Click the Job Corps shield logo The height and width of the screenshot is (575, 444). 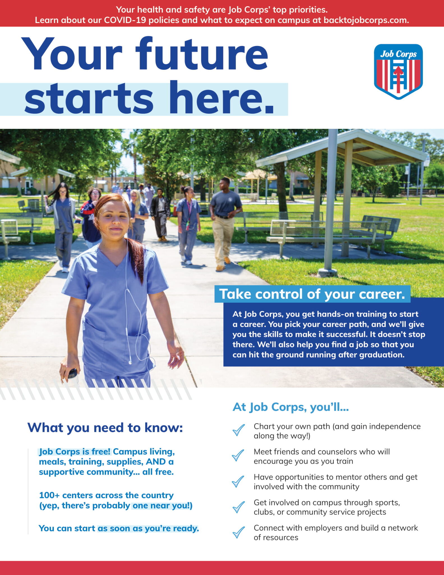398,71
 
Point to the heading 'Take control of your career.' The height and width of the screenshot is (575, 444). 312,294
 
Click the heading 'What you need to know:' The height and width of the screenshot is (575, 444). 105,428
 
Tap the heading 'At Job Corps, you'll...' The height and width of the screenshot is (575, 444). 291,407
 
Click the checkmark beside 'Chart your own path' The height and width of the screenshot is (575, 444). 238,430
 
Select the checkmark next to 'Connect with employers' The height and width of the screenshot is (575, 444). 238,532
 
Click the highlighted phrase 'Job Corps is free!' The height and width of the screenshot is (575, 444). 75,452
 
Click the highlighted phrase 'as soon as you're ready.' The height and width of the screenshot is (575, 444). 148,528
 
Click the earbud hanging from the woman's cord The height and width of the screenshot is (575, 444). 130,362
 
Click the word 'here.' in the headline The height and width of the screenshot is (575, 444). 221,99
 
